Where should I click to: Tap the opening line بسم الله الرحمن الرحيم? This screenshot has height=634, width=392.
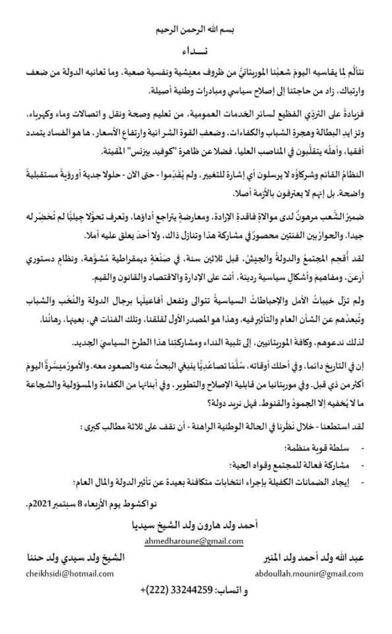195,30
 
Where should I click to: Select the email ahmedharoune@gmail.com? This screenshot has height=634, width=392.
195,542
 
